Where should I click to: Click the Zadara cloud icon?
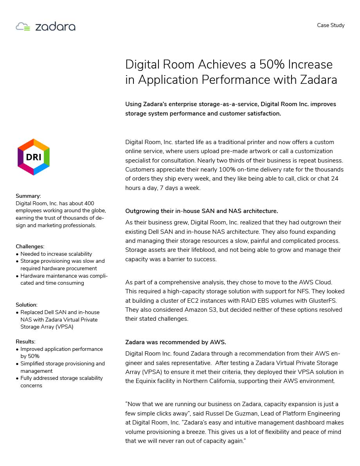pyautogui.click(x=23, y=27)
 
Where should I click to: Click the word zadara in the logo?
pyautogui.click(x=55, y=27)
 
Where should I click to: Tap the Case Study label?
pyautogui.click(x=331, y=25)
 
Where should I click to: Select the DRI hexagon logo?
pyautogui.click(x=34, y=157)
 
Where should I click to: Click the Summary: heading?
pyautogui.click(x=28, y=196)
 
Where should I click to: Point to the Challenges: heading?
pyautogui.click(x=30, y=246)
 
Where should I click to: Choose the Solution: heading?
pyautogui.click(x=27, y=305)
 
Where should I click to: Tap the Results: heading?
pyautogui.click(x=25, y=341)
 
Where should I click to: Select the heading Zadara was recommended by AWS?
pyautogui.click(x=176, y=342)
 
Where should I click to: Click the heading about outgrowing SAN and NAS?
pyautogui.click(x=202, y=211)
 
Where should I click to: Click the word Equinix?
pyautogui.click(x=147, y=381)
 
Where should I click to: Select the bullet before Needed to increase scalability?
pyautogui.click(x=17, y=254)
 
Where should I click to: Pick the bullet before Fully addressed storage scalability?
pyautogui.click(x=17, y=378)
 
